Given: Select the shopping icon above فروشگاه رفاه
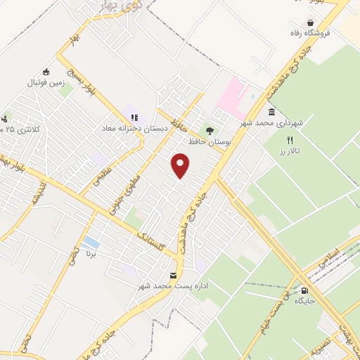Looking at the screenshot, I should click(x=310, y=22).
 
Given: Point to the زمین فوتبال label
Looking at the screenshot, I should click(x=45, y=82).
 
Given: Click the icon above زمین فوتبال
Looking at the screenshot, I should click(x=46, y=72).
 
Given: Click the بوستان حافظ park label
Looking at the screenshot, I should click(x=210, y=141).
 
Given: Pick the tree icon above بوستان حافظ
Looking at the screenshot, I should click(x=210, y=130).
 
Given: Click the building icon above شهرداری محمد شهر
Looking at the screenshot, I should click(x=271, y=112).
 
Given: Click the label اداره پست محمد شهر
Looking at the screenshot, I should click(x=172, y=286).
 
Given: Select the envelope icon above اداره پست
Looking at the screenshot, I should click(x=174, y=275).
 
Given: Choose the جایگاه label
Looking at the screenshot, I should click(x=303, y=301).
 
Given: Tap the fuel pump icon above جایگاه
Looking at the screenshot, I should click(x=304, y=290).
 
